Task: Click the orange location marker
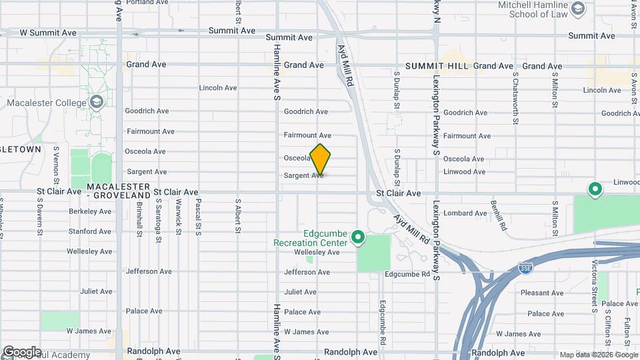[320, 159]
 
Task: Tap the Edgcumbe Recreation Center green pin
[358, 237]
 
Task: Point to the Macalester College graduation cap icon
[97, 102]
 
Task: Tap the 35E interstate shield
[525, 268]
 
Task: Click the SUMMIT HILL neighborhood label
[437, 66]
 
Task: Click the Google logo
[22, 351]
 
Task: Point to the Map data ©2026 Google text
[598, 355]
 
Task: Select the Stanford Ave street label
[90, 231]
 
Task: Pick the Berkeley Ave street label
[90, 211]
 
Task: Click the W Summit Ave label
[48, 32]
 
